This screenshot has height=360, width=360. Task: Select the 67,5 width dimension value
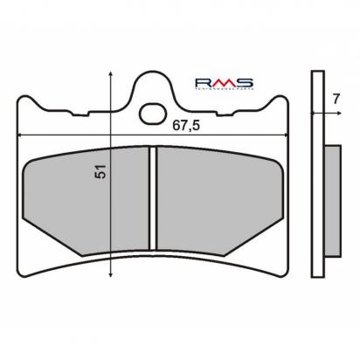(x=177, y=125)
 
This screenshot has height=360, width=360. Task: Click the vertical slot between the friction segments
(x=151, y=197)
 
